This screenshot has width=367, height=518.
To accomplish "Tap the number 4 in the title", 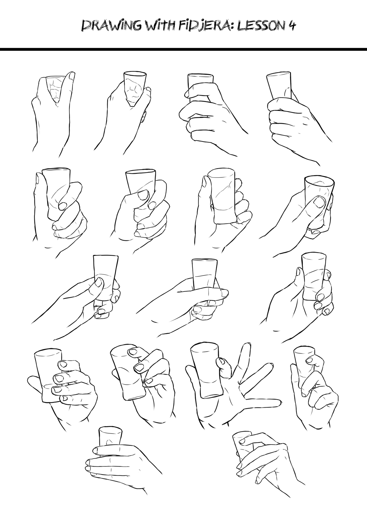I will (292, 26).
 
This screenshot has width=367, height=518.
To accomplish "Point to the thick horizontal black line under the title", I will (183, 49).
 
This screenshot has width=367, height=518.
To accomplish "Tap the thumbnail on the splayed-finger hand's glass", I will (220, 361).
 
